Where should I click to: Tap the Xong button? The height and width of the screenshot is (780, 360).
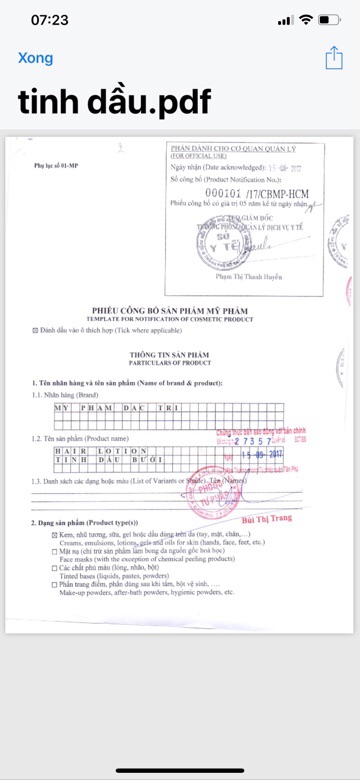pyautogui.click(x=35, y=58)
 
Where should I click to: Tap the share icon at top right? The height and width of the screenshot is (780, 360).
pyautogui.click(x=333, y=58)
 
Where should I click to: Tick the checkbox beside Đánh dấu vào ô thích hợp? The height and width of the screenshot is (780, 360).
pyautogui.click(x=37, y=328)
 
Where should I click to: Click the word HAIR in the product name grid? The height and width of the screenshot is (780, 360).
pyautogui.click(x=68, y=451)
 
